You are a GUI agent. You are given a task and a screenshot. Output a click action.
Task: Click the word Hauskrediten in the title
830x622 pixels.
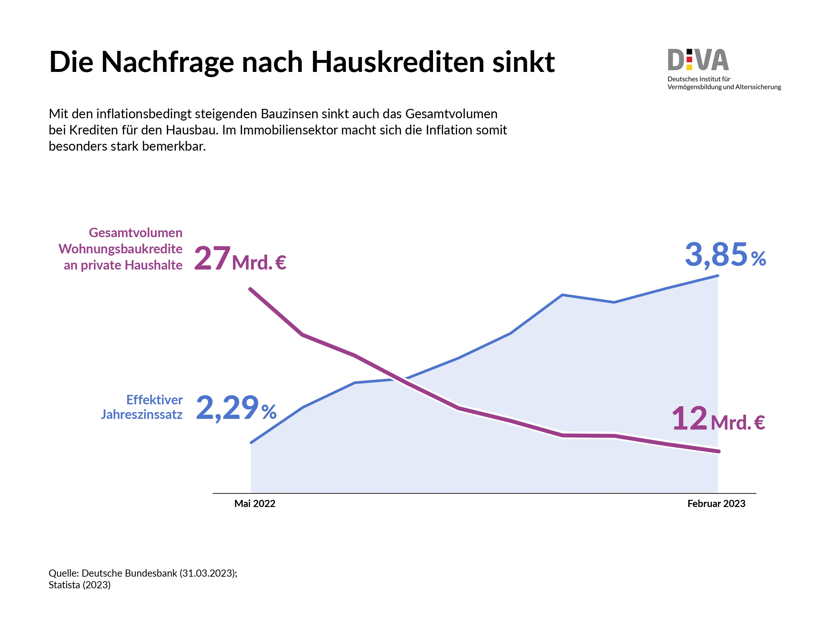tap(398, 62)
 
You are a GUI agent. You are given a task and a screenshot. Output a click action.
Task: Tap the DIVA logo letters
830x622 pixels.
tap(698, 60)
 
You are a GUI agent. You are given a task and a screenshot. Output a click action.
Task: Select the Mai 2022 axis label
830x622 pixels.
tap(255, 503)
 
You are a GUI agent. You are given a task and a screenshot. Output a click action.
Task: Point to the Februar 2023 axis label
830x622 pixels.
tap(716, 503)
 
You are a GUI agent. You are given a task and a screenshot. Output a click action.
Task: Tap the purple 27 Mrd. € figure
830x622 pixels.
tap(240, 259)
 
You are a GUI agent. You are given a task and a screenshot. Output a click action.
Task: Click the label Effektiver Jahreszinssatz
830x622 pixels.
tap(142, 407)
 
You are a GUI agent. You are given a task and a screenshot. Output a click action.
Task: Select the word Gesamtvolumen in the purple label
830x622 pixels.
tap(136, 233)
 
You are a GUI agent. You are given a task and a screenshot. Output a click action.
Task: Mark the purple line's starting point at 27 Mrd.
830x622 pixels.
tap(250, 289)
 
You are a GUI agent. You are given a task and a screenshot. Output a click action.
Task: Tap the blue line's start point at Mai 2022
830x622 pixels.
tap(251, 443)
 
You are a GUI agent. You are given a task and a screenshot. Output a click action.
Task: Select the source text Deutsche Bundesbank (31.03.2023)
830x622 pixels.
tap(159, 573)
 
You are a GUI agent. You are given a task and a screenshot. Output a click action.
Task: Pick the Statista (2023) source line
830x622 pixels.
tap(79, 585)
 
